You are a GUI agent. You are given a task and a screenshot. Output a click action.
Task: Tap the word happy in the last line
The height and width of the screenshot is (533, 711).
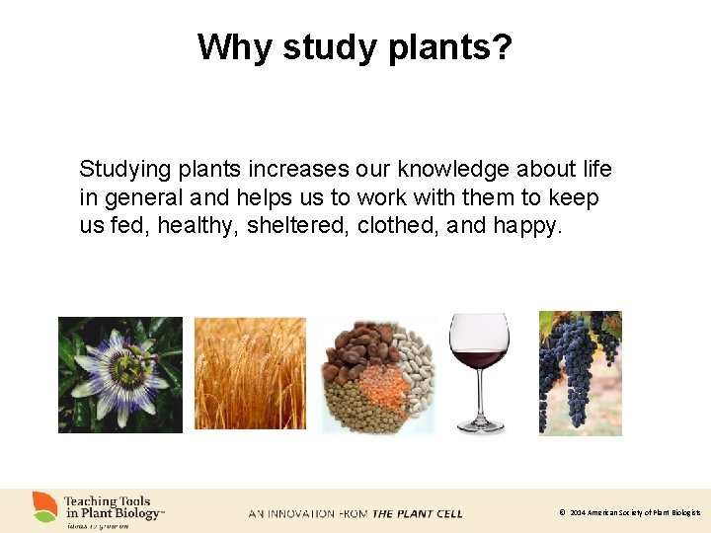coord(527,226)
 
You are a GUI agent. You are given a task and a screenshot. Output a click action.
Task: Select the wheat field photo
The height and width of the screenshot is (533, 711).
coord(250,373)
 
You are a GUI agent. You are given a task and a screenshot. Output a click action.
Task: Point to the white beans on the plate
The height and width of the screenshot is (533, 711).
coord(413,370)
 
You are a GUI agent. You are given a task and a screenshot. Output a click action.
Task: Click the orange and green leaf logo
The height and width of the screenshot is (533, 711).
coord(45,506)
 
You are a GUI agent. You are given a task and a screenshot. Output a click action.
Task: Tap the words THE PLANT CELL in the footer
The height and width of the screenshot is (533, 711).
coord(417,513)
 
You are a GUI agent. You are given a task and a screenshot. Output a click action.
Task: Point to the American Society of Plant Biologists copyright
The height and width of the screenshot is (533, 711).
coord(633,513)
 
